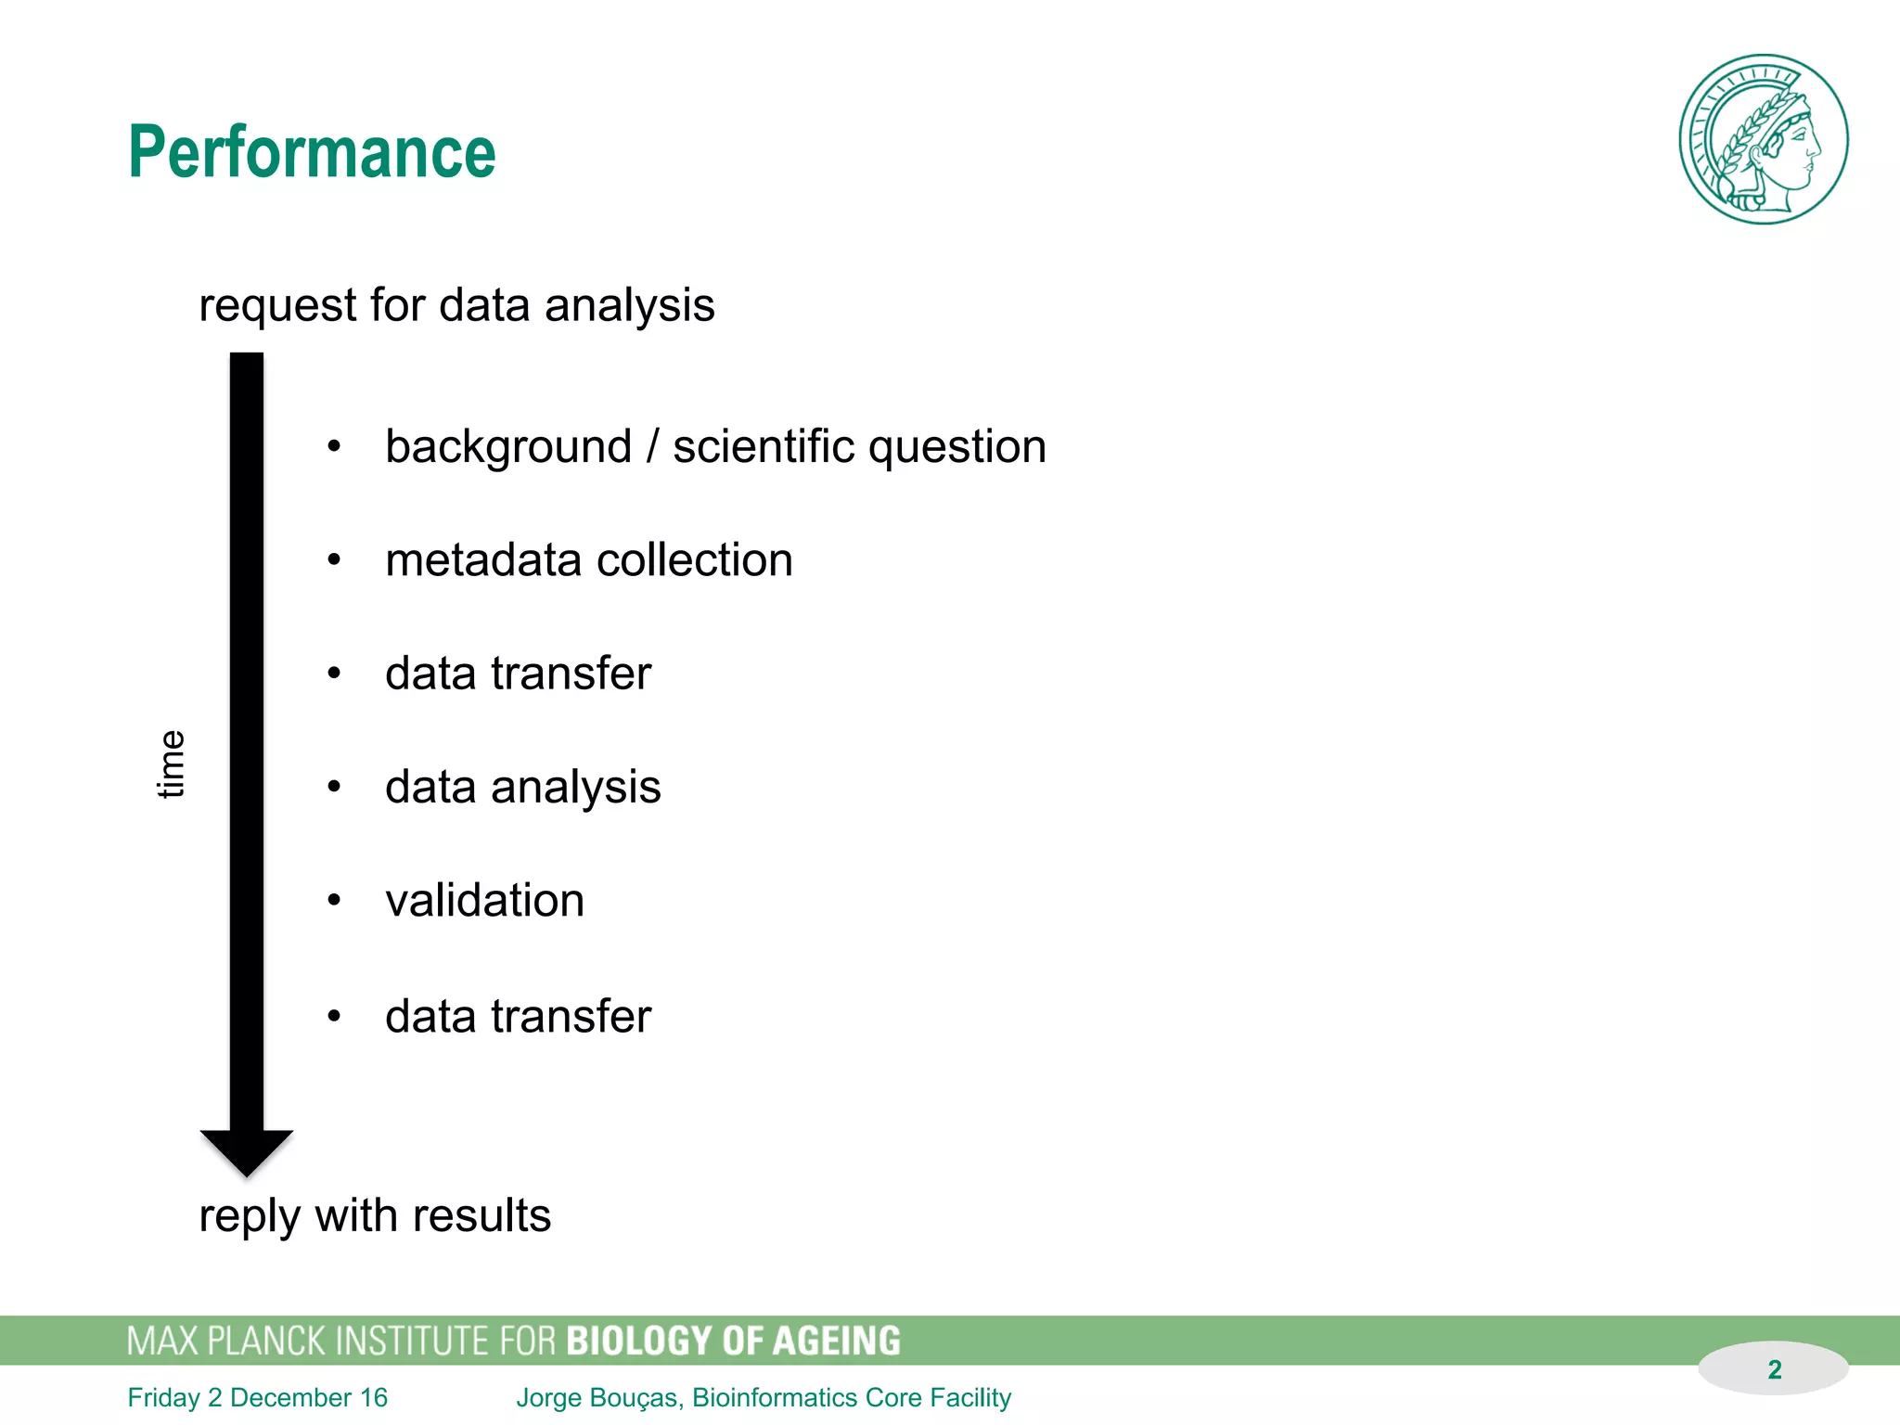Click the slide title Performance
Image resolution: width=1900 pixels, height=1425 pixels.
312,152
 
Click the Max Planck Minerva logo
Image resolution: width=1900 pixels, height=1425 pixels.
1763,139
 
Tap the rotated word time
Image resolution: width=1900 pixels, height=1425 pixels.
171,764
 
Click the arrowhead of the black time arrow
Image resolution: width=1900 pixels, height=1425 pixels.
247,1150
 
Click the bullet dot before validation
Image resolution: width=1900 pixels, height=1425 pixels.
334,900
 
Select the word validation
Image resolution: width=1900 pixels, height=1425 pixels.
484,901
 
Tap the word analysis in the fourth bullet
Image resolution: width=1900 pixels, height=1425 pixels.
575,788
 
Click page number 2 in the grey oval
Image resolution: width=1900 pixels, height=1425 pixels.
1774,1369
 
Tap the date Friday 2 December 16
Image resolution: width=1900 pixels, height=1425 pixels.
257,1397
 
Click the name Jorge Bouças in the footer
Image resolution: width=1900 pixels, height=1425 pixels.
598,1397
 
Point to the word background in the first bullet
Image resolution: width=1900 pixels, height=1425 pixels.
508,447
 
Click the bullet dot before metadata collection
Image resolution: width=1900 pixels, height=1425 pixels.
334,560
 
